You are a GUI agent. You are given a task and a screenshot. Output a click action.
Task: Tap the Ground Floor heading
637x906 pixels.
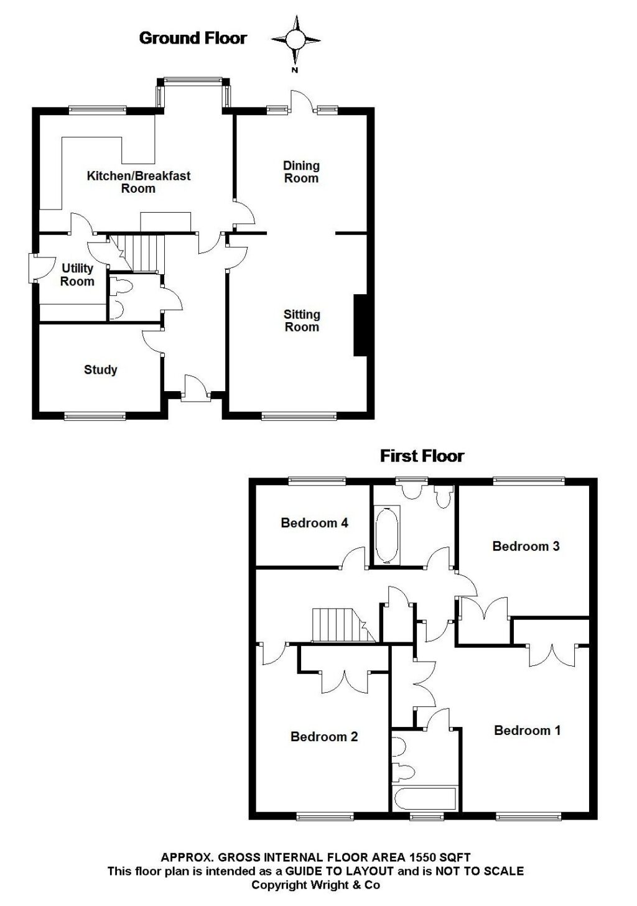point(193,38)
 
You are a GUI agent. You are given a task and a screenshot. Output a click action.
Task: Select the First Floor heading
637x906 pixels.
point(422,456)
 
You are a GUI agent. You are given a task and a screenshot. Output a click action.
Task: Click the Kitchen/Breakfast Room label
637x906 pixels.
point(138,182)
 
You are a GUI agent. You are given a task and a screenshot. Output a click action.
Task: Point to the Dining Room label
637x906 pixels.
point(301,172)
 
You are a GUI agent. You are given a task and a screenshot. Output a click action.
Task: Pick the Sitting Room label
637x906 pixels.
point(302,321)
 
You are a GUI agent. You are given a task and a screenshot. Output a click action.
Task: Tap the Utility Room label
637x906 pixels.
point(78,274)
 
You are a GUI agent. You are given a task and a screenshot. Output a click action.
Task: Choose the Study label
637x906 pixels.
point(101,369)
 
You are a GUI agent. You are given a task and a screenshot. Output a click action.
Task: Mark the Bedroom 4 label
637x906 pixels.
point(314,522)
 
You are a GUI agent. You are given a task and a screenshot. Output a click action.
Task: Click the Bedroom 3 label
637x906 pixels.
point(526,546)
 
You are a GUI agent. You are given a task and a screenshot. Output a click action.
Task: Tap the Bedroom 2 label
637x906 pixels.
point(324,737)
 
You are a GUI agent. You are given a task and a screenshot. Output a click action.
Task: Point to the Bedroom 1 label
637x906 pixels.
point(527,730)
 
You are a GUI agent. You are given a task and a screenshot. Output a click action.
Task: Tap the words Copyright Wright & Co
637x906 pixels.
point(315,885)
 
